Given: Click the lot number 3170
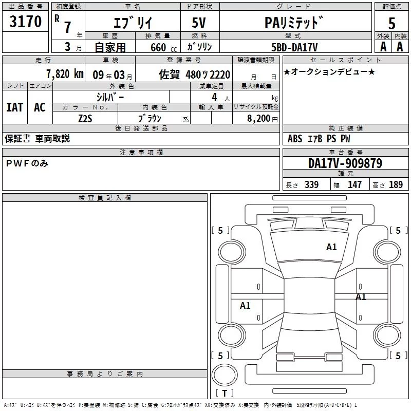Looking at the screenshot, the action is click(x=26, y=22).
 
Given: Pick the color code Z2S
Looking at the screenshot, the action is click(x=85, y=118).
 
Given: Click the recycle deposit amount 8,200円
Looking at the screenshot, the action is click(x=263, y=118).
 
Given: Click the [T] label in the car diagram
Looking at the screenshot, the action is click(x=225, y=393).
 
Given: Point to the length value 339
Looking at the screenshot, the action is click(x=311, y=184).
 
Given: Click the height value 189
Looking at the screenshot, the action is click(x=396, y=184).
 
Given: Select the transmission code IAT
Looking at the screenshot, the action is click(x=15, y=107).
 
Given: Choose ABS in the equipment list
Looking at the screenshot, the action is click(x=295, y=139).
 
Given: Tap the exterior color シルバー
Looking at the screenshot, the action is click(x=110, y=97).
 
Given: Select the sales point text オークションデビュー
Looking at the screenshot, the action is click(x=329, y=71).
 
